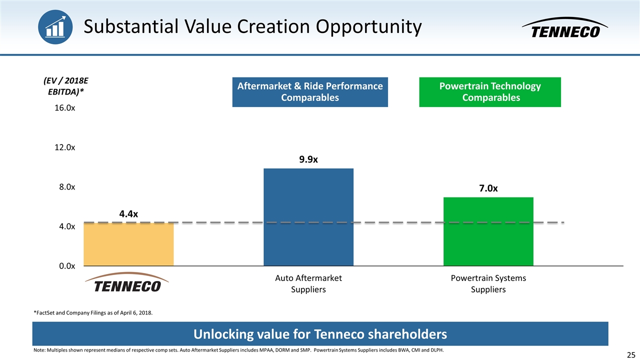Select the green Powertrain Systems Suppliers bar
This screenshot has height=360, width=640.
click(488, 231)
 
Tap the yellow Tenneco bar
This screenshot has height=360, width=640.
click(128, 244)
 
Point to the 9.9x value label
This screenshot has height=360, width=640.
click(308, 159)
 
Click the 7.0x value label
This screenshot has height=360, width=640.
click(488, 188)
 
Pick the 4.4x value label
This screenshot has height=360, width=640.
click(128, 214)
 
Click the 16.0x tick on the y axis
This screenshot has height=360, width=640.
click(65, 108)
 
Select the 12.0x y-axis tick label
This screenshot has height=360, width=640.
click(65, 147)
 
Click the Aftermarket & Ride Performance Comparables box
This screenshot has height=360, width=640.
click(310, 91)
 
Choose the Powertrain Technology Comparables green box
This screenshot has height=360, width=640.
click(489, 91)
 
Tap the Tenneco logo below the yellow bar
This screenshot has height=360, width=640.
click(128, 283)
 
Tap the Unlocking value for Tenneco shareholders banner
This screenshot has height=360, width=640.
click(320, 333)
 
